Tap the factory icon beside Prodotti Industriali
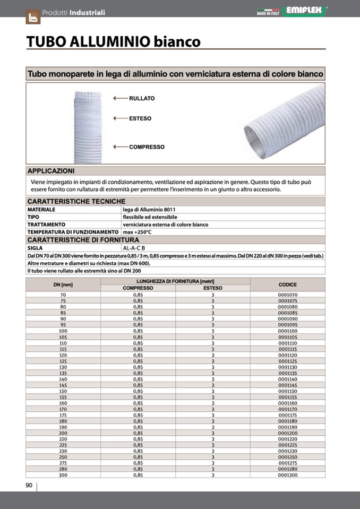[x=33, y=16]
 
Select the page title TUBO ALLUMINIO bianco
[x=114, y=41]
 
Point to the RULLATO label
[x=142, y=98]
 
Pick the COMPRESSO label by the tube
[x=147, y=147]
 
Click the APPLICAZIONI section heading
[x=51, y=171]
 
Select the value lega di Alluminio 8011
[x=149, y=210]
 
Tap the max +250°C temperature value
[x=137, y=232]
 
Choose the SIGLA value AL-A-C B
[x=134, y=248]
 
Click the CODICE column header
[x=287, y=284]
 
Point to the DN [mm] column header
[x=63, y=284]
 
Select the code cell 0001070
[x=287, y=295]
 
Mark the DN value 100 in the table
[x=63, y=331]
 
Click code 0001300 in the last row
[x=287, y=475]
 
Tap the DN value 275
[x=63, y=463]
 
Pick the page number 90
[x=29, y=486]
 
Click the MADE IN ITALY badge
[x=269, y=12]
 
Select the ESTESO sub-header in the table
[x=212, y=288]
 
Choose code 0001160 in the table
[x=287, y=403]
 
